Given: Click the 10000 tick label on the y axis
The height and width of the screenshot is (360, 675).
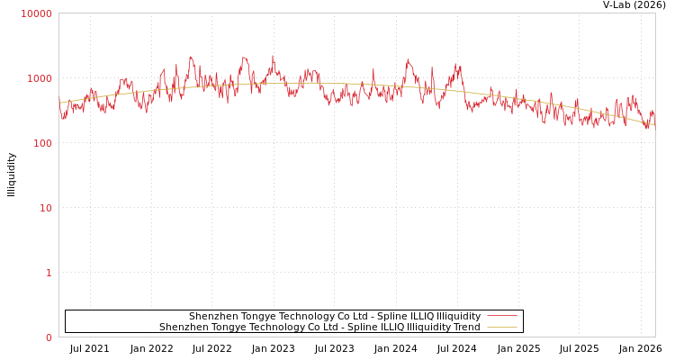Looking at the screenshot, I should (x=36, y=13).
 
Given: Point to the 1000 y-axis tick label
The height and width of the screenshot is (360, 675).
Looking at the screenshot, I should (x=39, y=78).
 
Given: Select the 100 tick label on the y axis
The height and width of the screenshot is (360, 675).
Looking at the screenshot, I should (x=41, y=143).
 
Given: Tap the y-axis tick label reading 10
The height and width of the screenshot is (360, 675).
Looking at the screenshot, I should (x=44, y=208).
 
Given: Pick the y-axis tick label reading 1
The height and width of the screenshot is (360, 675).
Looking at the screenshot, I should (x=49, y=273).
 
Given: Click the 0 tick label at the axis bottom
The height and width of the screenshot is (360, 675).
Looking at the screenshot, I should (x=49, y=337).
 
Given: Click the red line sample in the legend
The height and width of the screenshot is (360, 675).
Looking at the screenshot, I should (x=501, y=316).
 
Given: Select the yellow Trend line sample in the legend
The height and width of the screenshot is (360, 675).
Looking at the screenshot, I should (x=501, y=327).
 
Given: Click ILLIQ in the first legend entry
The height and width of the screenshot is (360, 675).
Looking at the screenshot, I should (x=418, y=316).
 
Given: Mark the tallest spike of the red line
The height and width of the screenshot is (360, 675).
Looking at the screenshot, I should (x=273, y=56).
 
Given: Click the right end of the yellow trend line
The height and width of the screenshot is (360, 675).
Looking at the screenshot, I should (x=654, y=125).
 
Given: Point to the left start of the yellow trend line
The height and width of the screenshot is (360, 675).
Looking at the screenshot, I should (x=59, y=103).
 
